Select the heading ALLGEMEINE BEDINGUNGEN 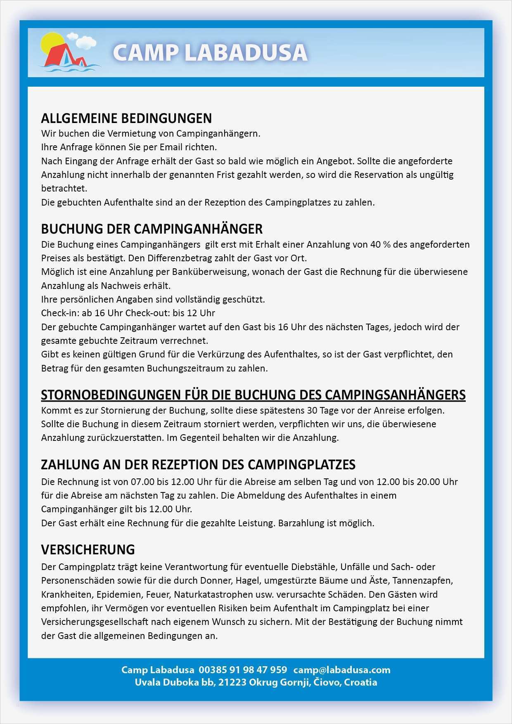[x=126, y=118]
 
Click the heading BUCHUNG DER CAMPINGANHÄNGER [x=152, y=229]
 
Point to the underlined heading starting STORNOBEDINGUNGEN [x=253, y=395]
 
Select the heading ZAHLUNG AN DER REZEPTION [x=198, y=464]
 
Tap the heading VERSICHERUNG [x=88, y=549]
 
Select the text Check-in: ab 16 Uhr [x=82, y=313]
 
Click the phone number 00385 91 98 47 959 [x=243, y=670]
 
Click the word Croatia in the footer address [x=360, y=682]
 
